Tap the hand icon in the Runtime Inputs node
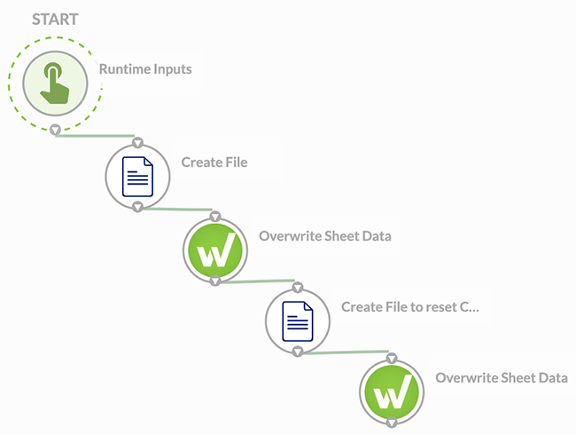(55, 83)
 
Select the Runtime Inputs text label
(144, 69)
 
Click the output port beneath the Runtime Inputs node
(55, 130)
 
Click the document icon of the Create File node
(137, 175)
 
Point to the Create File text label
(214, 162)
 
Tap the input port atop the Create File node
(137, 142)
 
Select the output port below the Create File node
(137, 207)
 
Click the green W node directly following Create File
(214, 249)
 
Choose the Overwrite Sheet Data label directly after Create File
(324, 236)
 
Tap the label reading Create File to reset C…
(410, 307)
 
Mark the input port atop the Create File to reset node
(298, 288)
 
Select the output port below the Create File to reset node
(298, 352)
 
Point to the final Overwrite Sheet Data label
(501, 378)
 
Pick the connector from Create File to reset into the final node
(346, 353)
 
